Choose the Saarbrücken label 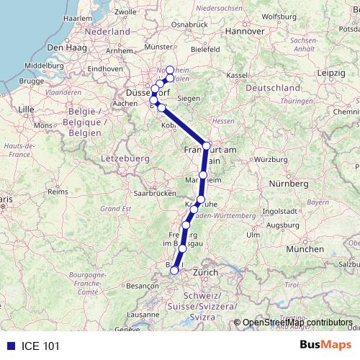pos(155,194)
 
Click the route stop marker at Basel pos(174,270)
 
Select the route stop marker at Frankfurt pos(207,145)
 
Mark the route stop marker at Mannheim pos(204,175)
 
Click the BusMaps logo pos(326,345)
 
